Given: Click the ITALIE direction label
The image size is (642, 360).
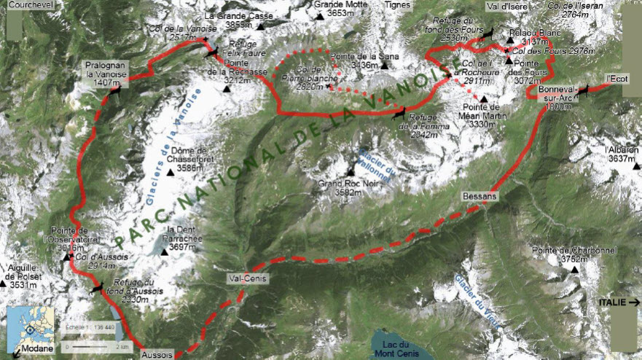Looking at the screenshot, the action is [615, 301].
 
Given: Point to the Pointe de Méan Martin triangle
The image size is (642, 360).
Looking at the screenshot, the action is [482, 98].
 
